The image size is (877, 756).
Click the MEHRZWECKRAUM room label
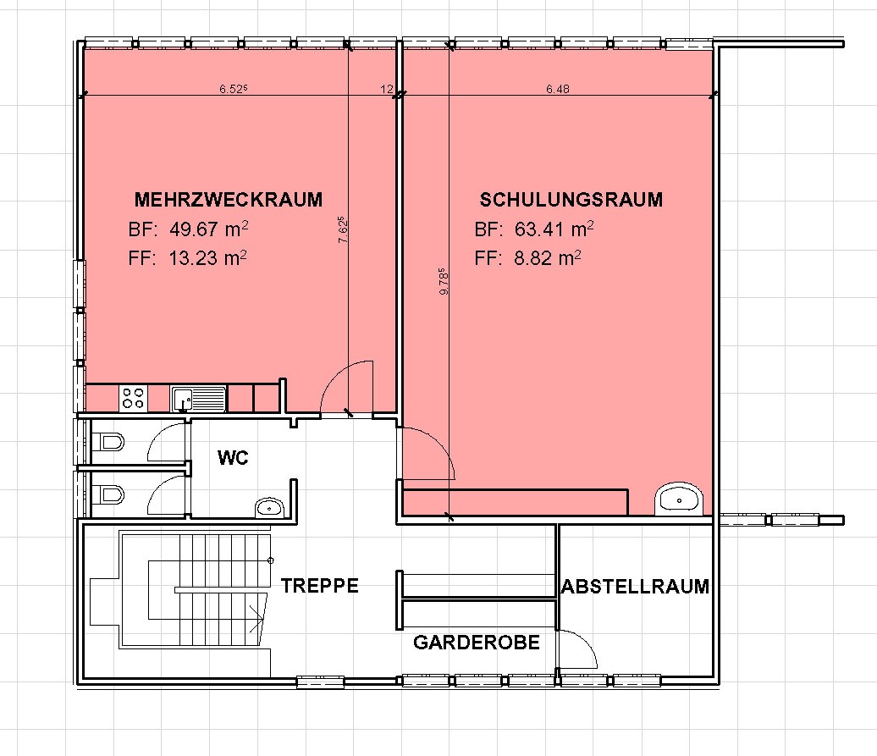pos(229,200)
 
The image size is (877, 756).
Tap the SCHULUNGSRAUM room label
pos(571,200)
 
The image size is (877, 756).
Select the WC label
pos(233,457)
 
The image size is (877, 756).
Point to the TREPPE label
pos(319,586)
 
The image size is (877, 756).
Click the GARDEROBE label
pos(477,643)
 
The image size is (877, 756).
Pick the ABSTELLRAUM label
pos(636,587)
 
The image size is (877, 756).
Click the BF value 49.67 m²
pos(208,229)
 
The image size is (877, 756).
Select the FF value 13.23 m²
pos(207,257)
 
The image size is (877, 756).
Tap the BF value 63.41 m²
pos(554,229)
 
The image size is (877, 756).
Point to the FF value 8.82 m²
pos(548,257)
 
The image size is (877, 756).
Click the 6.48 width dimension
pos(558,88)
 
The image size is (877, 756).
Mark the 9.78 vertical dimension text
pos(444,282)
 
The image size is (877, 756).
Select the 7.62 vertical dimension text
pos(344,229)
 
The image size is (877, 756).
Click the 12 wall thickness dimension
pos(387,89)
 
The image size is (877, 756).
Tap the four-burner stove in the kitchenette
pos(133,398)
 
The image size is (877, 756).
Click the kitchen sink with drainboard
pos(199,399)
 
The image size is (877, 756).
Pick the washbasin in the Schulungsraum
pos(679,499)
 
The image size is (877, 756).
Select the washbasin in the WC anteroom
pos(270,508)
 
